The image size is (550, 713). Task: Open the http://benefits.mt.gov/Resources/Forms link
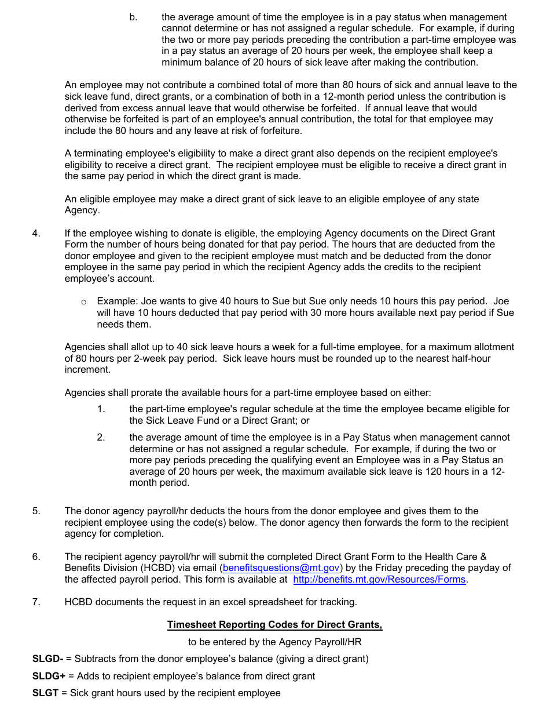pyautogui.click(x=379, y=580)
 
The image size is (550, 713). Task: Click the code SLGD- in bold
pyautogui.click(x=47, y=659)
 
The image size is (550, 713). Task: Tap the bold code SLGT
pyautogui.click(x=45, y=693)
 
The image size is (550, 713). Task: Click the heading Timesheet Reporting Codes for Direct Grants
pyautogui.click(x=274, y=625)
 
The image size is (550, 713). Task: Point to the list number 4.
pyautogui.click(x=36, y=233)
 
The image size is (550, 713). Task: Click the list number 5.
pyautogui.click(x=36, y=511)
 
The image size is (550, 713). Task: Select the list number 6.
pyautogui.click(x=36, y=557)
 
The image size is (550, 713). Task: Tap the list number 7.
pyautogui.click(x=36, y=602)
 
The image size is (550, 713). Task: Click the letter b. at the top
pyautogui.click(x=133, y=17)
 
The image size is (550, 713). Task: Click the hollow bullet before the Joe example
pyautogui.click(x=84, y=302)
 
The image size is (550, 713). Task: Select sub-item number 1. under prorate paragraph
pyautogui.click(x=101, y=409)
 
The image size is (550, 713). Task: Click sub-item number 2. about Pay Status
pyautogui.click(x=101, y=438)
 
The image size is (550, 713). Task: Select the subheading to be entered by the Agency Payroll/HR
pyautogui.click(x=274, y=642)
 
